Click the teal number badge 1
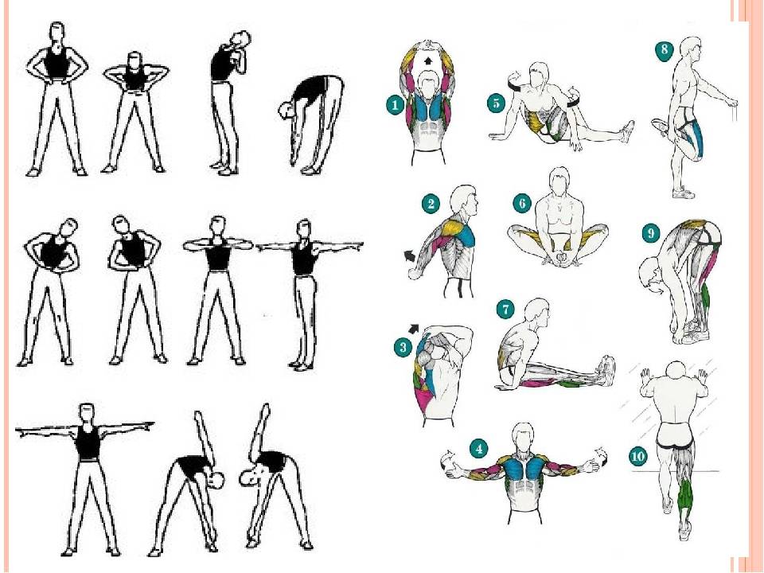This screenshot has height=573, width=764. pyautogui.click(x=396, y=105)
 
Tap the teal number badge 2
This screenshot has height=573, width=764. pyautogui.click(x=431, y=204)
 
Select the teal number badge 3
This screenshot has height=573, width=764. pyautogui.click(x=403, y=348)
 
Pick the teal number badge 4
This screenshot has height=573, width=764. pyautogui.click(x=479, y=449)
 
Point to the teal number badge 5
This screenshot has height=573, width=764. pyautogui.click(x=496, y=103)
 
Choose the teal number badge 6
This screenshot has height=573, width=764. pyautogui.click(x=522, y=203)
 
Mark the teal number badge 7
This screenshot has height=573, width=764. pyautogui.click(x=505, y=310)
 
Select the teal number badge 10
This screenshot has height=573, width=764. pyautogui.click(x=637, y=457)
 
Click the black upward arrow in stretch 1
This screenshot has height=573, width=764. pyautogui.click(x=428, y=60)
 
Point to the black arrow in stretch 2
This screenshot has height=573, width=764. pyautogui.click(x=410, y=255)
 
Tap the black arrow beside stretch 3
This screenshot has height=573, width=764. pyautogui.click(x=414, y=329)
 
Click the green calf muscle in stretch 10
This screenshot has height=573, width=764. pyautogui.click(x=685, y=493)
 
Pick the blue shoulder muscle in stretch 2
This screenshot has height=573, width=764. pyautogui.click(x=466, y=236)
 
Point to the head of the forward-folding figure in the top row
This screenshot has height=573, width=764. pyautogui.click(x=286, y=110)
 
